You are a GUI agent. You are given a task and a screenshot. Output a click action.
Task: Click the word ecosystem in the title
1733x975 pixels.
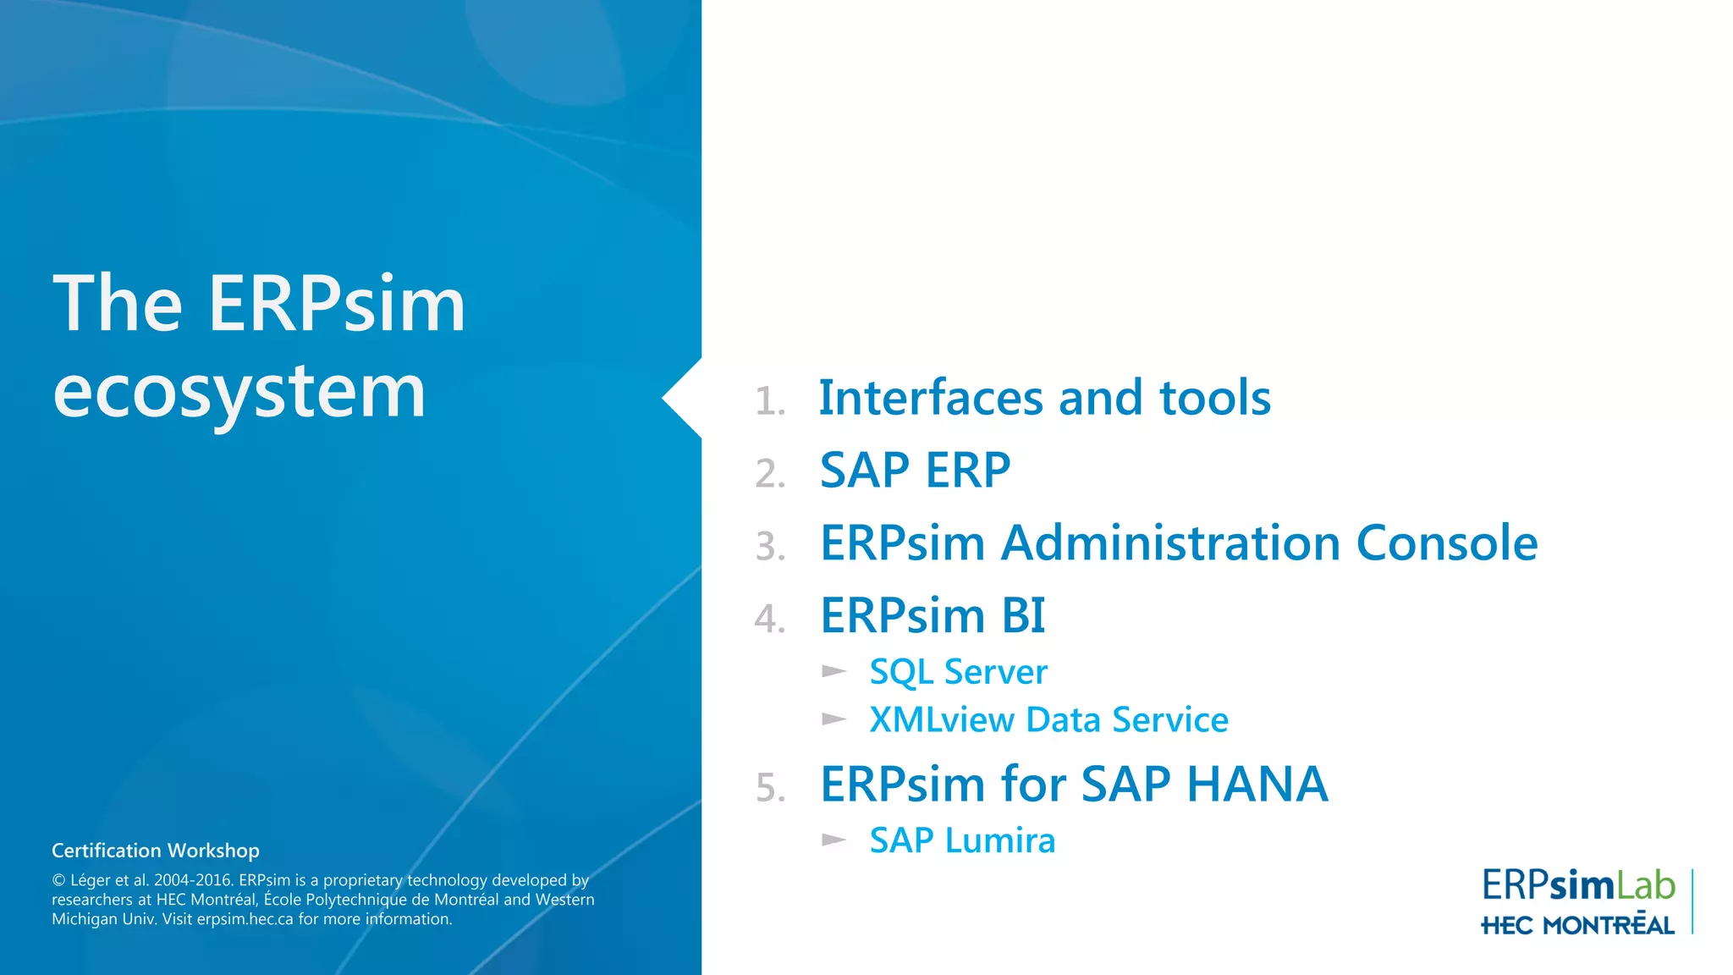click(x=239, y=394)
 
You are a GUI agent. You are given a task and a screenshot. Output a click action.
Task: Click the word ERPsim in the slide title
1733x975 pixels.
click(x=337, y=304)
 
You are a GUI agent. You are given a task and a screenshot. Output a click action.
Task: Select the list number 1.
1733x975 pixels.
click(x=769, y=401)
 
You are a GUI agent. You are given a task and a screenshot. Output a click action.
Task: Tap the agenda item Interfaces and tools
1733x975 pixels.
click(x=1044, y=398)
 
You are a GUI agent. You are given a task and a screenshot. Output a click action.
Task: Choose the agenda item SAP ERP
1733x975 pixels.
click(x=915, y=471)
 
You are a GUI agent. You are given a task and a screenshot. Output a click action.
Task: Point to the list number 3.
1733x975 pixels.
click(x=770, y=547)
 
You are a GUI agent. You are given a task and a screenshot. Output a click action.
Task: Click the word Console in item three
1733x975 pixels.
click(x=1446, y=543)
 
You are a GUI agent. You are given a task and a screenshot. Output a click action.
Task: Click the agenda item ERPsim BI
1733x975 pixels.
click(x=933, y=615)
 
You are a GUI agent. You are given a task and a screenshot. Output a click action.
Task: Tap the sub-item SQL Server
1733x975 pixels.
click(x=958, y=672)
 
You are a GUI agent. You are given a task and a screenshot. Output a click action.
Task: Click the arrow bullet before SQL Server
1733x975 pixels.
click(x=834, y=672)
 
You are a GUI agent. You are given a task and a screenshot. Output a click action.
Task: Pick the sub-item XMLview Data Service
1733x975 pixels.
click(x=1048, y=720)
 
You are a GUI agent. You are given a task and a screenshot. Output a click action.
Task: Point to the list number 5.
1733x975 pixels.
click(x=770, y=788)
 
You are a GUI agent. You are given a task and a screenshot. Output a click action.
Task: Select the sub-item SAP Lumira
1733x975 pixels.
click(x=962, y=840)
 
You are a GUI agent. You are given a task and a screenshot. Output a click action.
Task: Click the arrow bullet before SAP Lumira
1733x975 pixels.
click(x=834, y=840)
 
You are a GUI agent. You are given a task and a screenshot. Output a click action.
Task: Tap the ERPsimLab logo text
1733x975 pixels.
click(x=1577, y=885)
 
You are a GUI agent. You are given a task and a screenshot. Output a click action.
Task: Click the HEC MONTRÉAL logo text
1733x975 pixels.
click(x=1577, y=926)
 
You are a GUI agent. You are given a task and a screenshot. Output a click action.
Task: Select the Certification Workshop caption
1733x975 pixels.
click(x=156, y=851)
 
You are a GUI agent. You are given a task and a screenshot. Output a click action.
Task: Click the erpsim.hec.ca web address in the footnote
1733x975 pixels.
click(x=245, y=919)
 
